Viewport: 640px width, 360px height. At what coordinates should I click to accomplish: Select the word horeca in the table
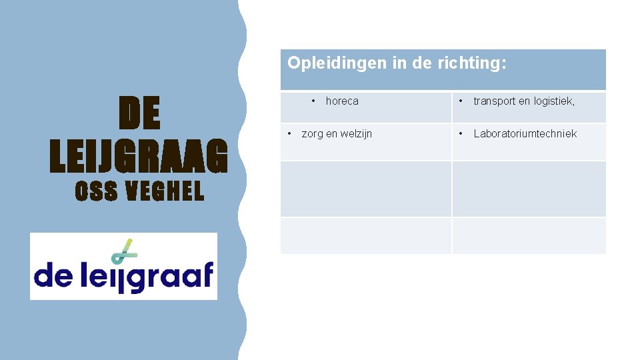pyautogui.click(x=342, y=101)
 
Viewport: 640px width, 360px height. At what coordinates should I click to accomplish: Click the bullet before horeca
pyautogui.click(x=313, y=101)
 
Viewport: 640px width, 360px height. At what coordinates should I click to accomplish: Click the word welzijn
pyautogui.click(x=357, y=134)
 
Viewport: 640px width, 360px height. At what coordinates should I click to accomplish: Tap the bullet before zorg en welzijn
pyautogui.click(x=289, y=133)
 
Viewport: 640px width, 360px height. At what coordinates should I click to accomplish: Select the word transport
pyautogui.click(x=495, y=101)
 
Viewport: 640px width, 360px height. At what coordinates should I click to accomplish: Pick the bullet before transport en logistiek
pyautogui.click(x=461, y=101)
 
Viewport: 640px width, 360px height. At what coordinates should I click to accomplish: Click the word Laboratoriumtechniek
pyautogui.click(x=525, y=134)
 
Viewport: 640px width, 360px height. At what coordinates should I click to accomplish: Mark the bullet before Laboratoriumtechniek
pyautogui.click(x=461, y=133)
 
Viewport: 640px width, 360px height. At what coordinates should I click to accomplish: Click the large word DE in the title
pyautogui.click(x=139, y=114)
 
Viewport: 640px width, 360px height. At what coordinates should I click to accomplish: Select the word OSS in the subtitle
pyautogui.click(x=96, y=192)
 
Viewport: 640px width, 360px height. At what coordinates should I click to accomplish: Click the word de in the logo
pyautogui.click(x=53, y=274)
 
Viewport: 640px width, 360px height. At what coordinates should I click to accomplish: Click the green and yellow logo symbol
pyautogui.click(x=123, y=249)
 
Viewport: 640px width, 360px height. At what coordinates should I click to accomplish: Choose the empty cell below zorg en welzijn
pyautogui.click(x=365, y=189)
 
